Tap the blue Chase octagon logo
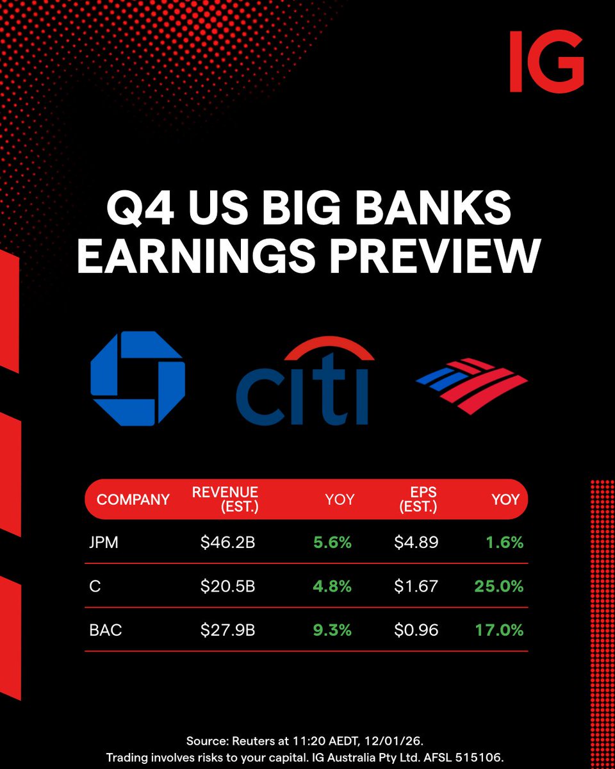138,378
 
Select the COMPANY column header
133,499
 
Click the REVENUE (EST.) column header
225,499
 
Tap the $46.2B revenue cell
227,542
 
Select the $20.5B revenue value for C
227,586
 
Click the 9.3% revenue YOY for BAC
332,630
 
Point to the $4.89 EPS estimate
416,542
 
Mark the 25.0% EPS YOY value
499,586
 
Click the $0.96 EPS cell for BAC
416,630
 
